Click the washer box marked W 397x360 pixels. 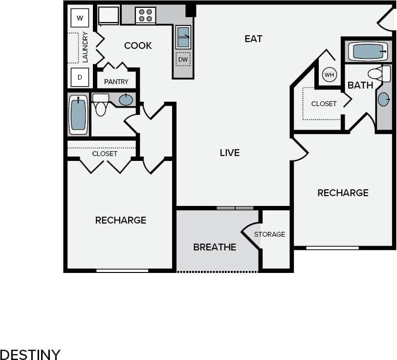[80, 19]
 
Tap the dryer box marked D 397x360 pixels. [80, 77]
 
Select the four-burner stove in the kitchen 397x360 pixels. [145, 15]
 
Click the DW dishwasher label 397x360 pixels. [183, 59]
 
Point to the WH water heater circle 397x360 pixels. [329, 75]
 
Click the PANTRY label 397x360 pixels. [116, 82]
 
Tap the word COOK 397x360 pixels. [138, 45]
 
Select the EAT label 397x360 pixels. [253, 39]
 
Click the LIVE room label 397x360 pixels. [229, 153]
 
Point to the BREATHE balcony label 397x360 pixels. [215, 247]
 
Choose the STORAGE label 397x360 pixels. [269, 234]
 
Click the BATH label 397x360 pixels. [360, 85]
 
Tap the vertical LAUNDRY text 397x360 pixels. [85, 47]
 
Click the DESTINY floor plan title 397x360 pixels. [30, 354]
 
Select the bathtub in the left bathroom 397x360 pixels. [78, 114]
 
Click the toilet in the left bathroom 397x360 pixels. [101, 105]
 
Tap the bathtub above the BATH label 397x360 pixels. [368, 51]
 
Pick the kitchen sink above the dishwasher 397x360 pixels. [183, 36]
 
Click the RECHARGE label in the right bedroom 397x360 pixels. [343, 193]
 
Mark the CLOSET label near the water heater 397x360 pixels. [324, 104]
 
